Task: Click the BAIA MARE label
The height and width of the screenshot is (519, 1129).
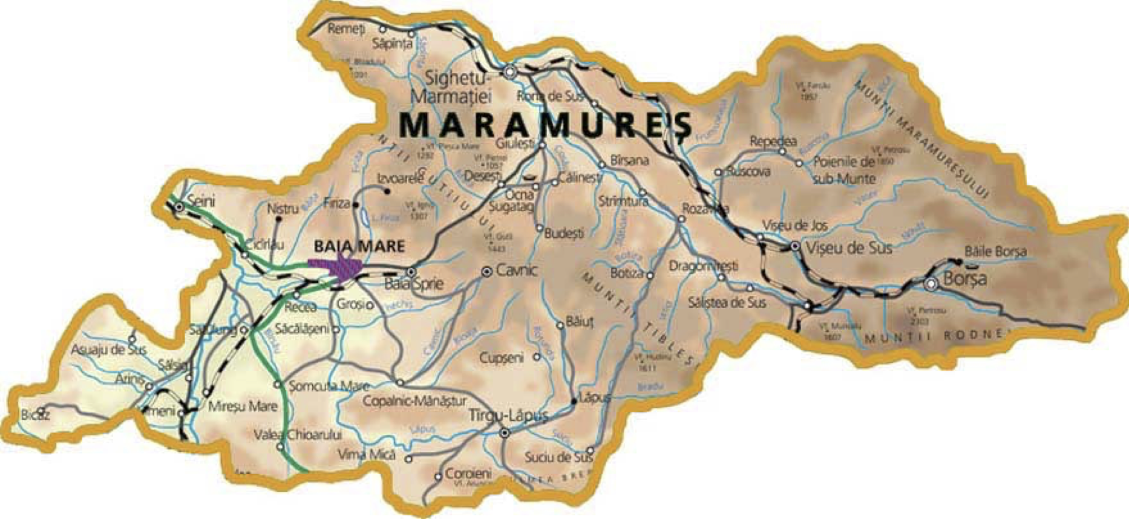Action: coord(359,246)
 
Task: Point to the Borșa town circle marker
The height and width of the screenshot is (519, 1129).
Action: coord(932,283)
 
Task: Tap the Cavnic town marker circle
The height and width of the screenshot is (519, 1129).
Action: coord(486,272)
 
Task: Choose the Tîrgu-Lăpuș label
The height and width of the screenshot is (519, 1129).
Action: coord(509,416)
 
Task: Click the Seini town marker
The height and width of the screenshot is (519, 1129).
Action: coord(179,207)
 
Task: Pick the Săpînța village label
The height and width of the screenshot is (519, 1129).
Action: coord(392,44)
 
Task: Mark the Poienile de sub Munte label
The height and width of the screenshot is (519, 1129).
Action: coord(845,170)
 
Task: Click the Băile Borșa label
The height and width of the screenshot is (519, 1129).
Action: coord(995,251)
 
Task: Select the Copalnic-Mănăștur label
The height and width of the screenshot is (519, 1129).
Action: coord(414,401)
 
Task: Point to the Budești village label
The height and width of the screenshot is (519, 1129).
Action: coord(564,233)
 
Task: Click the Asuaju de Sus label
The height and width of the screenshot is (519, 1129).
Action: coord(108,350)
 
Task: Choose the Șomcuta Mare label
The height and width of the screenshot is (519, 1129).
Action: coord(329,386)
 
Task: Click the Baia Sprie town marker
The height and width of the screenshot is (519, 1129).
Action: coord(411,272)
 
